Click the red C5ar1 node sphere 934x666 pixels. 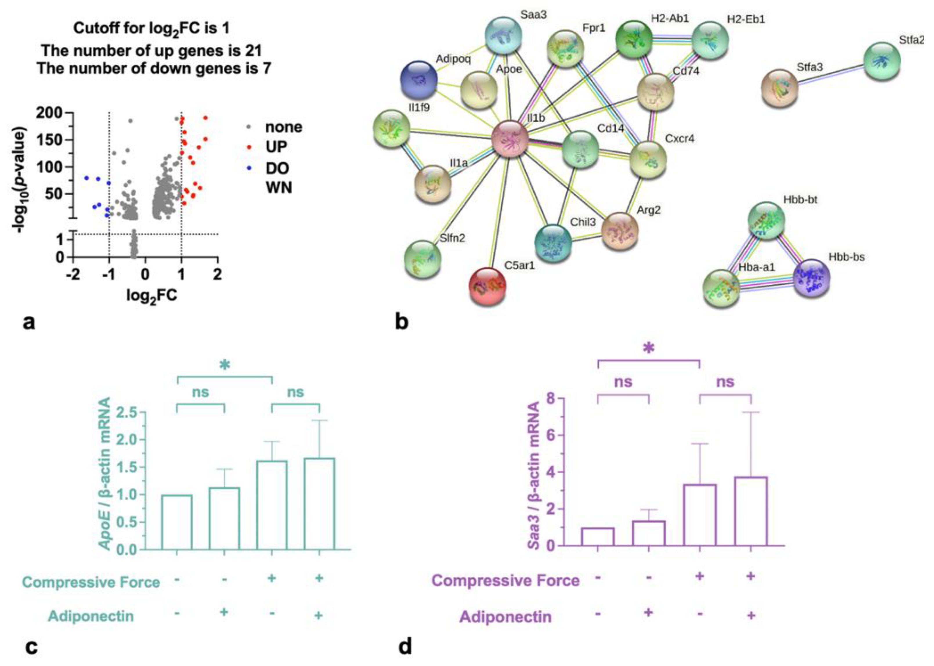(x=487, y=286)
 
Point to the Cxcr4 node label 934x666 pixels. (x=679, y=139)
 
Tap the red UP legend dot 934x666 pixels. (x=249, y=147)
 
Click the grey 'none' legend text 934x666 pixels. (x=283, y=127)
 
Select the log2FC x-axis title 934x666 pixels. (x=152, y=295)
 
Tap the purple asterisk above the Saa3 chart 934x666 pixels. (x=648, y=348)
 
